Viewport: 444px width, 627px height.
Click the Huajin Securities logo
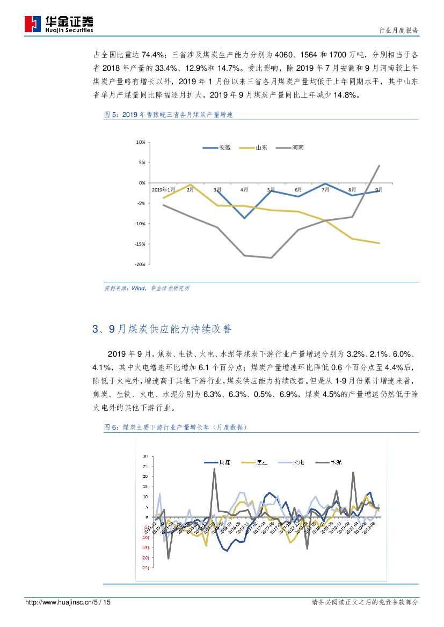point(59,24)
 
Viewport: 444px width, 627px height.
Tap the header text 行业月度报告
point(398,30)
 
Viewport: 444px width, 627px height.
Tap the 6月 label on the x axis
point(298,189)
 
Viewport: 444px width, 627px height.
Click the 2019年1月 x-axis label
point(163,189)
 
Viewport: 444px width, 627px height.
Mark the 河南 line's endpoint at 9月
point(379,166)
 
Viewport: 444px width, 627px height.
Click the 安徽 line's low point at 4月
point(244,218)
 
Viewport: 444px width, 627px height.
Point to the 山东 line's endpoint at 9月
point(379,243)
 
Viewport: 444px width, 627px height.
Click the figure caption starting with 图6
point(175,427)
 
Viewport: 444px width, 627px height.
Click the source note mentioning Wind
point(147,288)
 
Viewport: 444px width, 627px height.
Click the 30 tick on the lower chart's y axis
point(145,456)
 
